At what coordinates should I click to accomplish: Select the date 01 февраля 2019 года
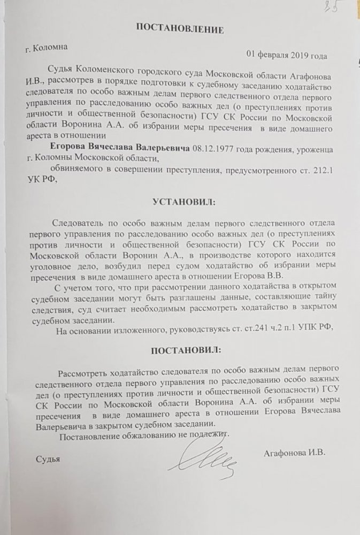[287, 55]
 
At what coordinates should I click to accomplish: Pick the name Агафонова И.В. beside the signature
[295, 453]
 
